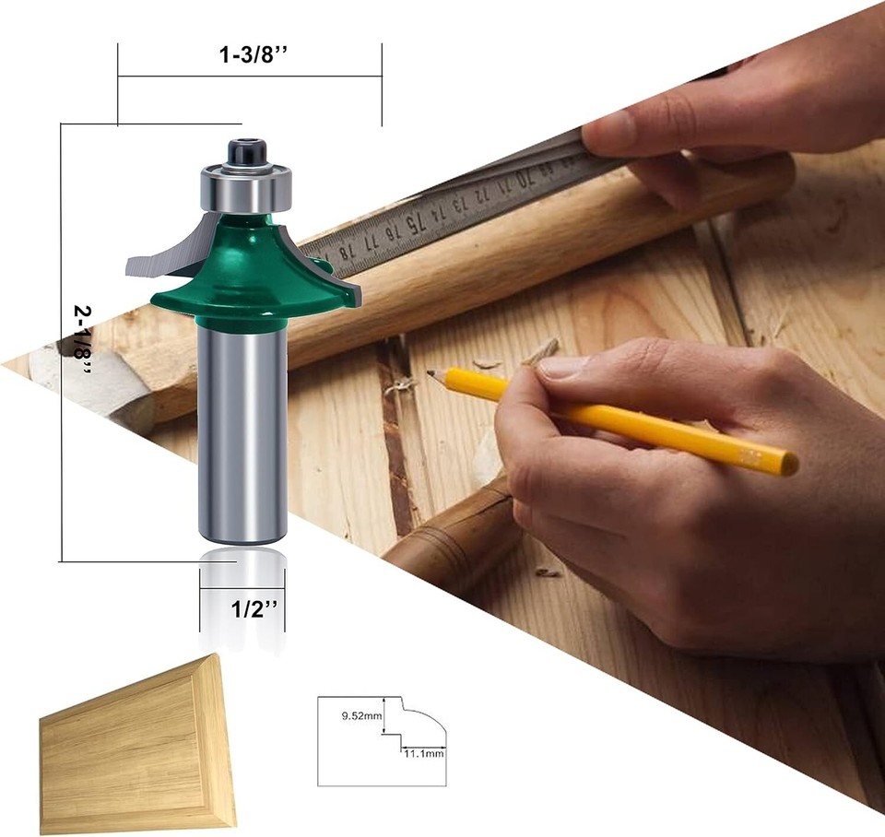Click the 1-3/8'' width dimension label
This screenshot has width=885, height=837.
[250, 54]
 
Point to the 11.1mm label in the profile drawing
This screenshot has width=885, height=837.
[423, 753]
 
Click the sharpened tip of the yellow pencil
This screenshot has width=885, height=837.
[431, 374]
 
